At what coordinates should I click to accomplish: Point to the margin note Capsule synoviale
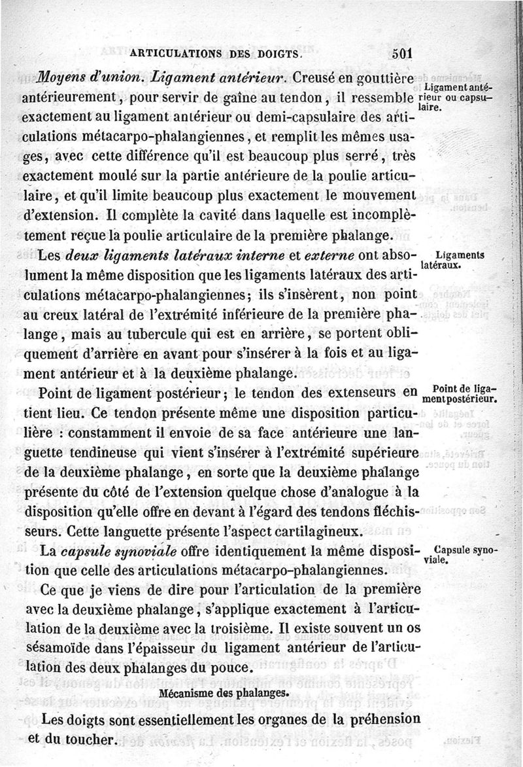click(460, 555)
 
